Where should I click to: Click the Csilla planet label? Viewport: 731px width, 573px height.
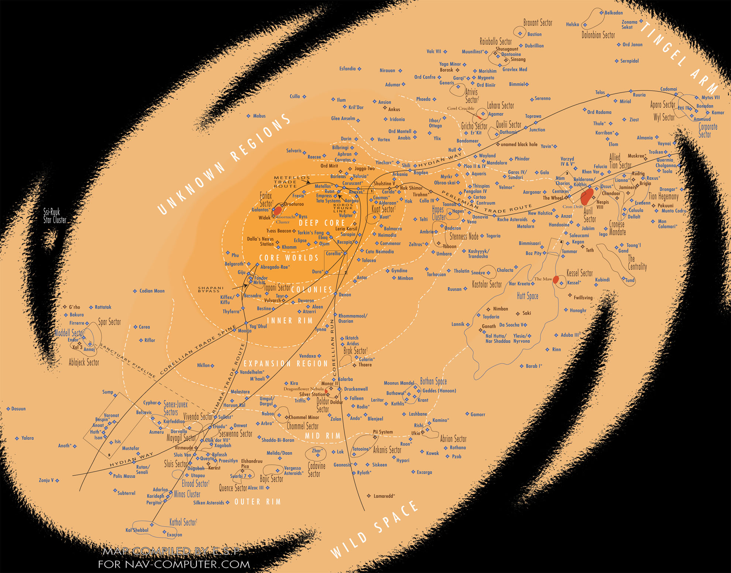pyautogui.click(x=295, y=97)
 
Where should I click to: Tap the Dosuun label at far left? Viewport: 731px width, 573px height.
pyautogui.click(x=18, y=409)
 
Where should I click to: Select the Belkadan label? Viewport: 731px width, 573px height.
pyautogui.click(x=614, y=13)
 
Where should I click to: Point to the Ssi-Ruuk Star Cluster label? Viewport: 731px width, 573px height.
pyautogui.click(x=55, y=216)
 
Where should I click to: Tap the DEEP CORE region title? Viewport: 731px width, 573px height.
pyautogui.click(x=322, y=223)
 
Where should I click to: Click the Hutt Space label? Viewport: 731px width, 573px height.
pyautogui.click(x=527, y=296)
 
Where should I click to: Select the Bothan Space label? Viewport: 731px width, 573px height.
pyautogui.click(x=433, y=381)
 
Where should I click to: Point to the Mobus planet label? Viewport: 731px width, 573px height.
pyautogui.click(x=259, y=116)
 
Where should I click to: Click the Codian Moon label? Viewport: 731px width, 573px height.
pyautogui.click(x=152, y=291)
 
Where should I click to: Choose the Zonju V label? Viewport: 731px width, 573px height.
pyautogui.click(x=46, y=480)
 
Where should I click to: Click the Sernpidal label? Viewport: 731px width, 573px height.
pyautogui.click(x=629, y=61)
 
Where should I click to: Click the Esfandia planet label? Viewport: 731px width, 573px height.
pyautogui.click(x=347, y=69)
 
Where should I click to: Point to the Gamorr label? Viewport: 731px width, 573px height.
pyautogui.click(x=478, y=415)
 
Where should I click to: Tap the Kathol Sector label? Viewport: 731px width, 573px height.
pyautogui.click(x=183, y=522)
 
